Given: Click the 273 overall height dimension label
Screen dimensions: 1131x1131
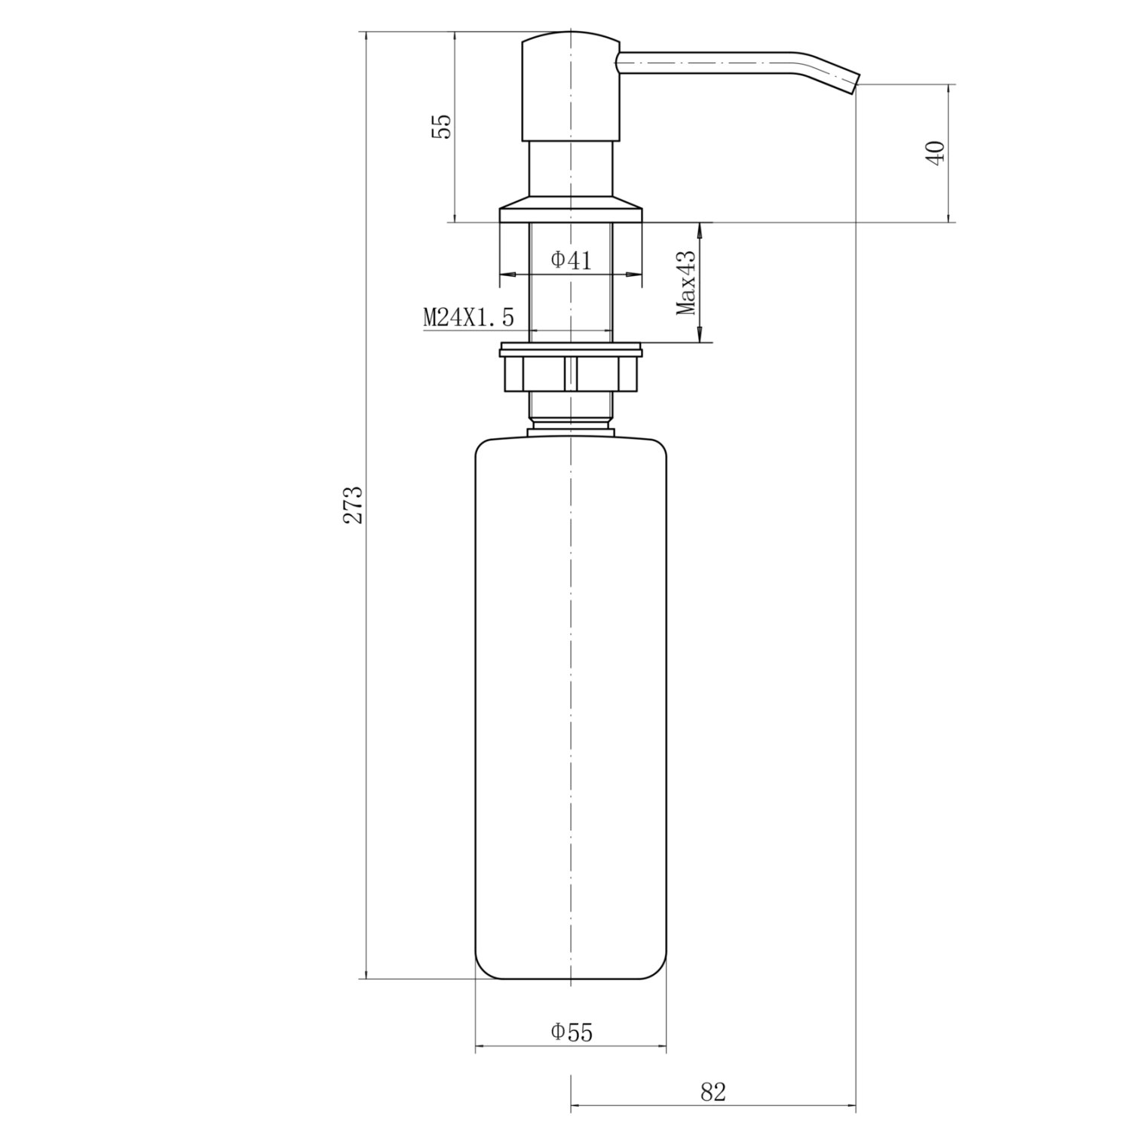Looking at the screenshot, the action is click(x=354, y=504).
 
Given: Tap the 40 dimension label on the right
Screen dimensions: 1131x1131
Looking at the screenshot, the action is click(x=935, y=153).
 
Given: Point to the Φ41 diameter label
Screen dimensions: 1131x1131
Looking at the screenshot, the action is click(x=571, y=260).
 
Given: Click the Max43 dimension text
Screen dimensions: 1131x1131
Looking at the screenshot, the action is click(x=686, y=283).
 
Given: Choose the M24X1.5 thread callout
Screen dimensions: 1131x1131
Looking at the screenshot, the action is click(x=468, y=317).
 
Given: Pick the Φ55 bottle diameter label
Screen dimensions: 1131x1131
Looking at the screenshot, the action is click(x=571, y=1032).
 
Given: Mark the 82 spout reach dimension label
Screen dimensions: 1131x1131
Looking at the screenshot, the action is click(x=713, y=1092).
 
